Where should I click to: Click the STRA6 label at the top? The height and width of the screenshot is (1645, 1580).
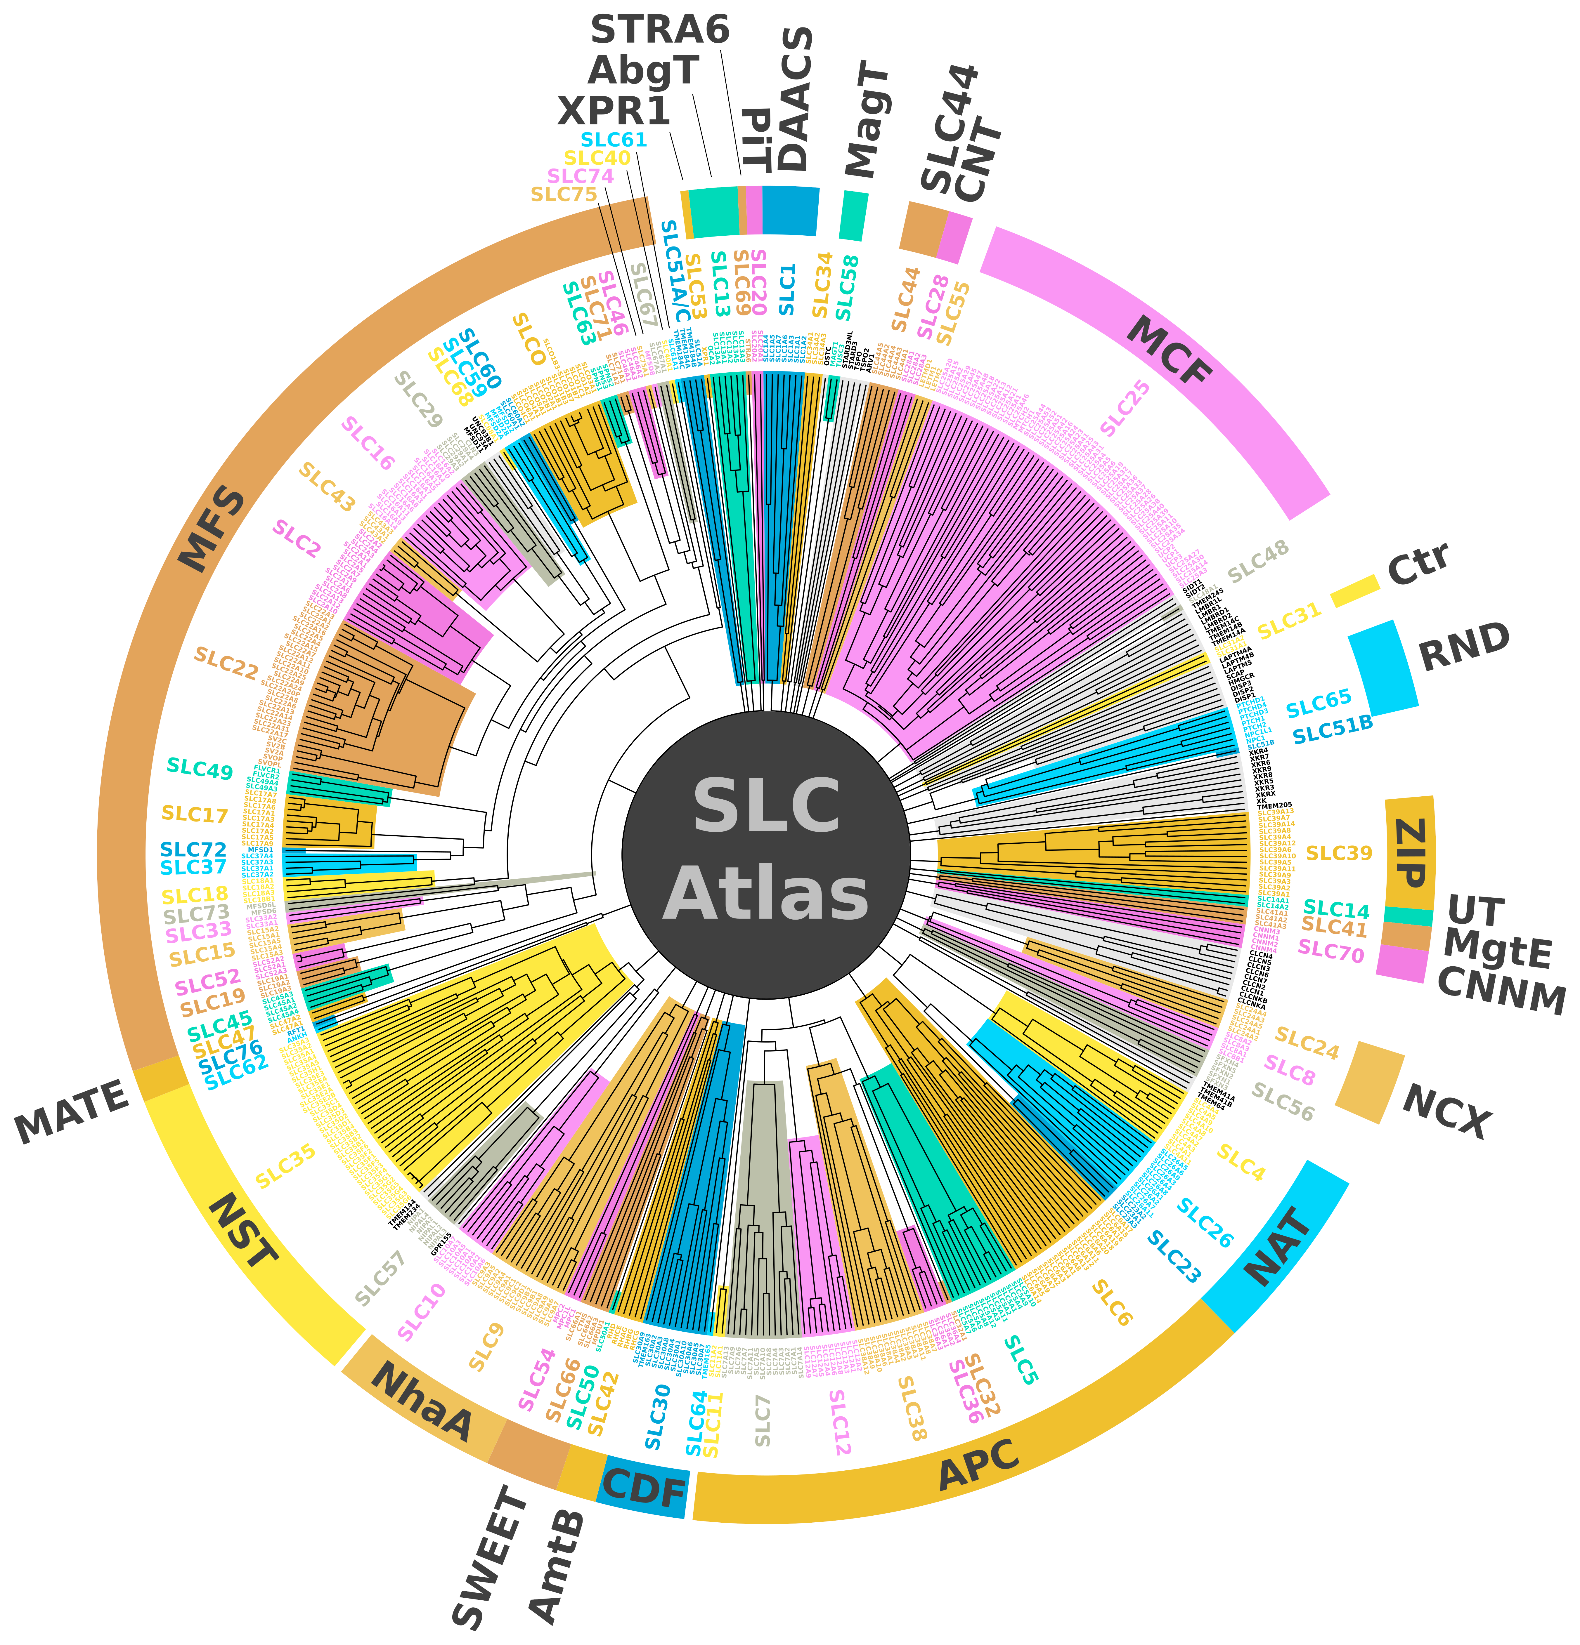pos(660,30)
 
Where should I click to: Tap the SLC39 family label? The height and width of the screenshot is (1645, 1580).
pos(1339,854)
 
